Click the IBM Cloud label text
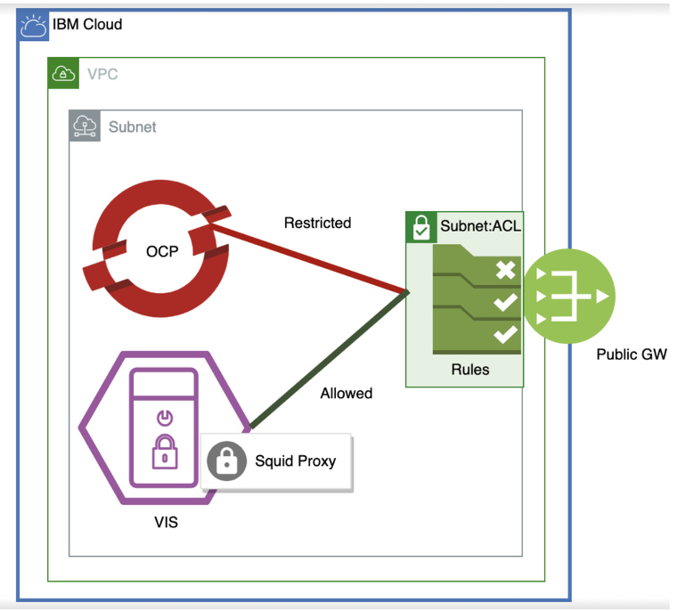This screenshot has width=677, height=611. click(x=87, y=24)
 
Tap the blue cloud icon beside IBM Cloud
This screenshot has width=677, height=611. click(x=34, y=26)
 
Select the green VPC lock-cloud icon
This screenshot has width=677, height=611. click(x=61, y=73)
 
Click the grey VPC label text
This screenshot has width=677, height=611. click(x=102, y=74)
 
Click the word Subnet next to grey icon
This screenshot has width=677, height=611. click(x=132, y=126)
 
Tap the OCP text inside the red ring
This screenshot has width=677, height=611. click(x=162, y=250)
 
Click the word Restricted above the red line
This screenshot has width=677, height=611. click(x=317, y=223)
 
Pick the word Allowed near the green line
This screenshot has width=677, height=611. click(x=346, y=393)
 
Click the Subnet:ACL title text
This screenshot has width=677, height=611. click(x=480, y=226)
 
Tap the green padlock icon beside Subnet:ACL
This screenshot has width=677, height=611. click(x=420, y=227)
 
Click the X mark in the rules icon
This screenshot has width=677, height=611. click(x=505, y=270)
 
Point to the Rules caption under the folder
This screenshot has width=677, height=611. click(x=469, y=369)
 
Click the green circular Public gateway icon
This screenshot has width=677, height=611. click(x=568, y=296)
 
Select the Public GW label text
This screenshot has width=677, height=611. click(x=631, y=354)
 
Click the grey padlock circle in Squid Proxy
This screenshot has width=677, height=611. click(x=226, y=461)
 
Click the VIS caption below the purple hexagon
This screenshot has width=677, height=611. click(x=166, y=522)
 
